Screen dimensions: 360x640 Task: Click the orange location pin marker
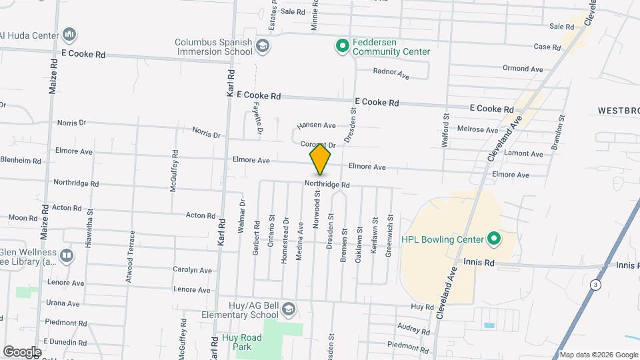click(x=321, y=159)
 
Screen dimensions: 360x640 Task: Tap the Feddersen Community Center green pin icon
click(x=342, y=46)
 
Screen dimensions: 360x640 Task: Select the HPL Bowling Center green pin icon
click(x=493, y=238)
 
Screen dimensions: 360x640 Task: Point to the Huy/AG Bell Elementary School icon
click(x=288, y=310)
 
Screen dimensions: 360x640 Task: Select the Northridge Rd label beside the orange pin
click(x=327, y=185)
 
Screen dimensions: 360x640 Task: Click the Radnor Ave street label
click(x=391, y=73)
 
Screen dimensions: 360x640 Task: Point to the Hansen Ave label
click(x=316, y=125)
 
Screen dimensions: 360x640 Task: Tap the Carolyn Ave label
click(x=192, y=270)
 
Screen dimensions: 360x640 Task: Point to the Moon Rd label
click(x=23, y=218)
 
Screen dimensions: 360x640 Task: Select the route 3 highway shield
click(x=596, y=285)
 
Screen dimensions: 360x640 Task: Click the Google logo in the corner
click(x=21, y=352)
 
